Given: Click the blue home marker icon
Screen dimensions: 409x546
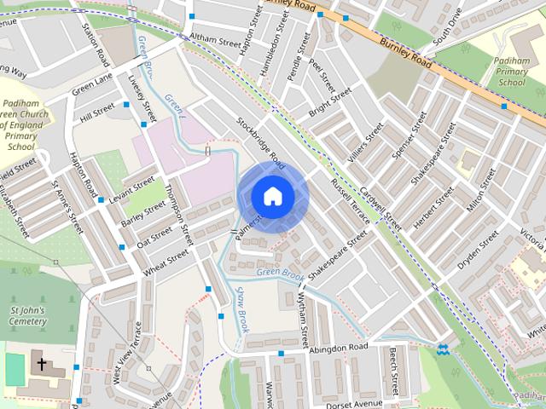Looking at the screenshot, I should coord(272,196).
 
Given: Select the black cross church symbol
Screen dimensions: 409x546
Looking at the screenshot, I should coord(40,364).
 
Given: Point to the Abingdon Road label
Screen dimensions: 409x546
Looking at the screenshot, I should coord(340,348).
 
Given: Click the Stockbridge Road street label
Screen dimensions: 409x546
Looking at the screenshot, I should coord(259,139).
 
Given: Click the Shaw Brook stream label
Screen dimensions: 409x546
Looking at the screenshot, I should coord(241,308).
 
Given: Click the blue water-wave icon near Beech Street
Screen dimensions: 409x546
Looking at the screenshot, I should coord(443,349).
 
